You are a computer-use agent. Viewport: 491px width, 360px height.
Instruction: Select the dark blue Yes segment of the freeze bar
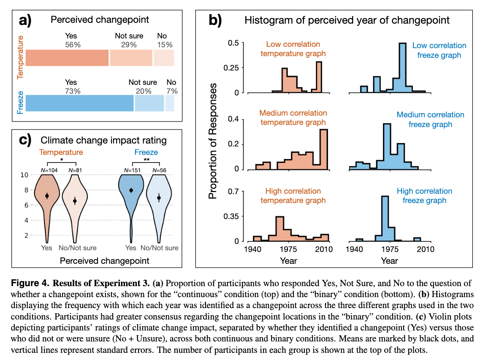point(79,103)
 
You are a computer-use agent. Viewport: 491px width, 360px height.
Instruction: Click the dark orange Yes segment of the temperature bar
point(67,57)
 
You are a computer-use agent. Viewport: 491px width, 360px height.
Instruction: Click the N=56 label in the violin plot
point(160,170)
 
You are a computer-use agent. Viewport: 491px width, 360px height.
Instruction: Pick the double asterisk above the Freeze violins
point(146,160)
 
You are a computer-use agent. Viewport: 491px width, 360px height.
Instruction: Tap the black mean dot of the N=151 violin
point(131,190)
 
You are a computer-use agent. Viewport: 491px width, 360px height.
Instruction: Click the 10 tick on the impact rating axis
point(24,175)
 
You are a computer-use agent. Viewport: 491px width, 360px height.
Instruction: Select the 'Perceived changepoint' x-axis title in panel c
point(104,261)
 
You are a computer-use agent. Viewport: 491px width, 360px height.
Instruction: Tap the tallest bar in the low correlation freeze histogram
point(402,68)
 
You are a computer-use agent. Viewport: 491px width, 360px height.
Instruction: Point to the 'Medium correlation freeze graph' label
point(430,119)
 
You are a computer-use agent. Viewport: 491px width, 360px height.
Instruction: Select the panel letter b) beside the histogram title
point(215,20)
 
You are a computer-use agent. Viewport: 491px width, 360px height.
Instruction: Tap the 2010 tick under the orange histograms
point(324,249)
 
